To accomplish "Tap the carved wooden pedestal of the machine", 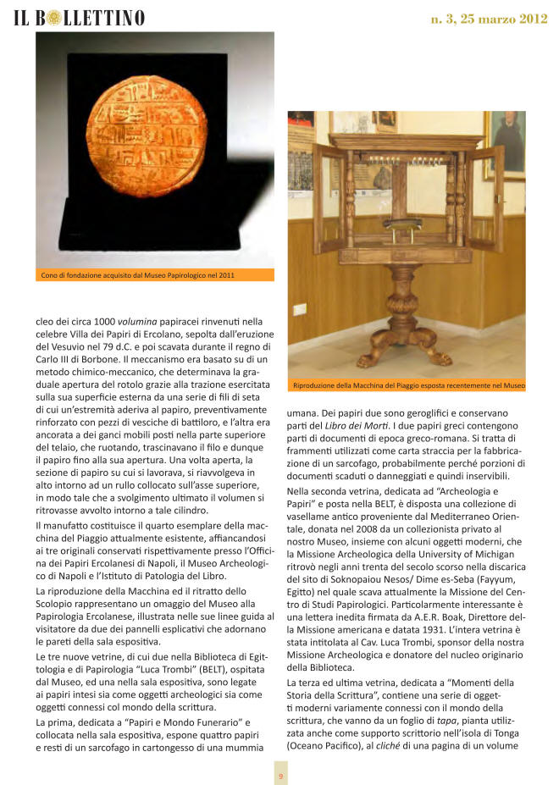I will (x=402, y=313).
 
